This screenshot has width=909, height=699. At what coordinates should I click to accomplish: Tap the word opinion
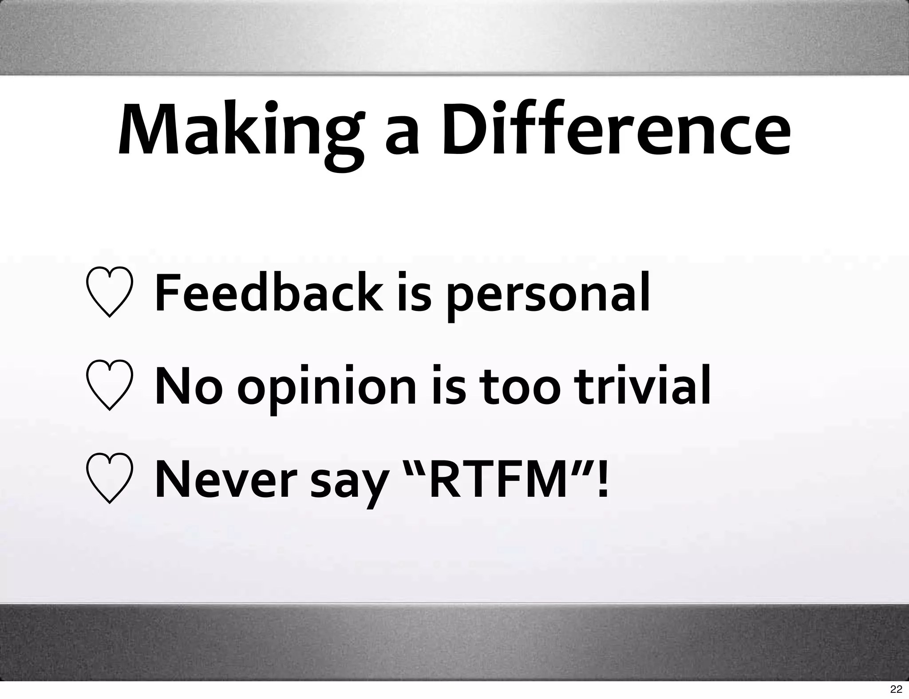[327, 389]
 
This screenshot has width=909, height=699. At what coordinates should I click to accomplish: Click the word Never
[225, 479]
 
